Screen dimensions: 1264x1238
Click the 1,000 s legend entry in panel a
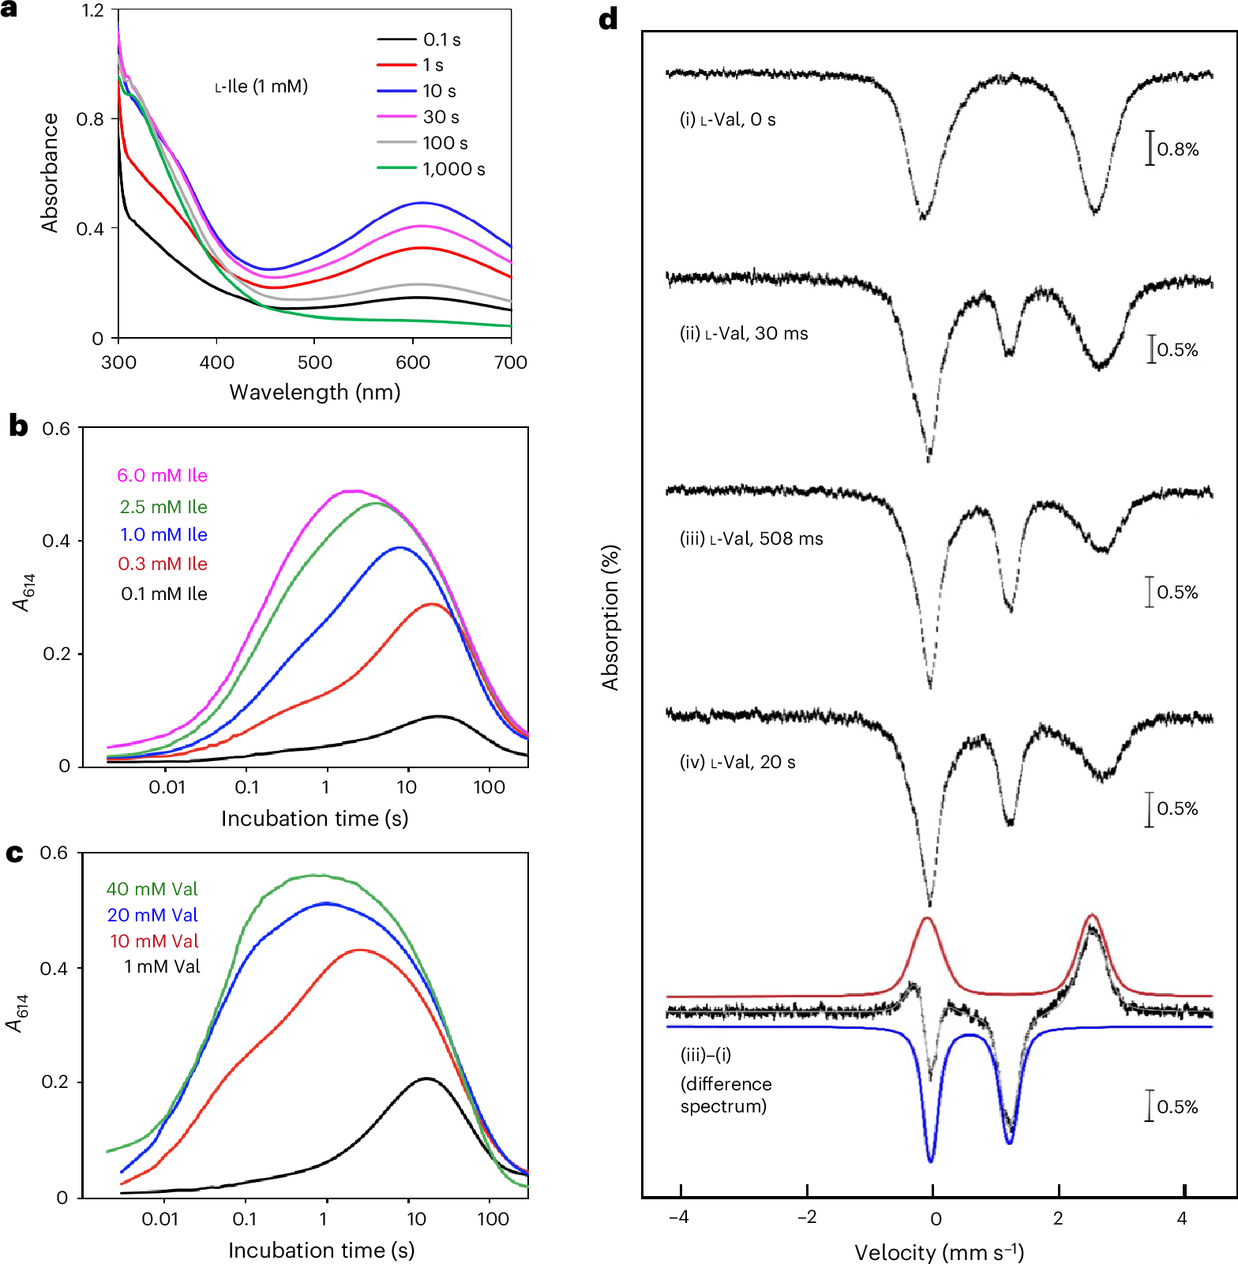coord(453,169)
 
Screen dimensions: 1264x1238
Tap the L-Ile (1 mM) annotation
coord(261,86)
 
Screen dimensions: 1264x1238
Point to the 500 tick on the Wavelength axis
coord(314,362)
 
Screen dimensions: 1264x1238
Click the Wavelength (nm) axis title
coord(314,392)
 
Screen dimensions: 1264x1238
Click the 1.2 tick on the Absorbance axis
coord(92,10)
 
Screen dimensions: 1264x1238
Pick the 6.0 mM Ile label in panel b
coord(162,475)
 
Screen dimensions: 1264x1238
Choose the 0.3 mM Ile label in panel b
coord(162,564)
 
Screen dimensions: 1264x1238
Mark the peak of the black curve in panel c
coord(426,1078)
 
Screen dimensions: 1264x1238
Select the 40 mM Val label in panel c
coord(152,889)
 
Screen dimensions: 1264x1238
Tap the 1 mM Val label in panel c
coord(162,966)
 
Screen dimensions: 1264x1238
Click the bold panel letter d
coord(608,19)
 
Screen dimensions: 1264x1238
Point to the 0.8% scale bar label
coord(1177,149)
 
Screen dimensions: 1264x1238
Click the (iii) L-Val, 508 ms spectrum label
coord(751,538)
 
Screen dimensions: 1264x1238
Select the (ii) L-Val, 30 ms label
coord(744,333)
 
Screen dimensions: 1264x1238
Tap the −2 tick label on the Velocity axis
coord(806,1217)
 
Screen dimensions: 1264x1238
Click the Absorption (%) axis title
coord(610,617)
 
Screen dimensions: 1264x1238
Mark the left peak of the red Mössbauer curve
coord(927,918)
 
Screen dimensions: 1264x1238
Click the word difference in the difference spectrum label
coord(726,1084)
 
